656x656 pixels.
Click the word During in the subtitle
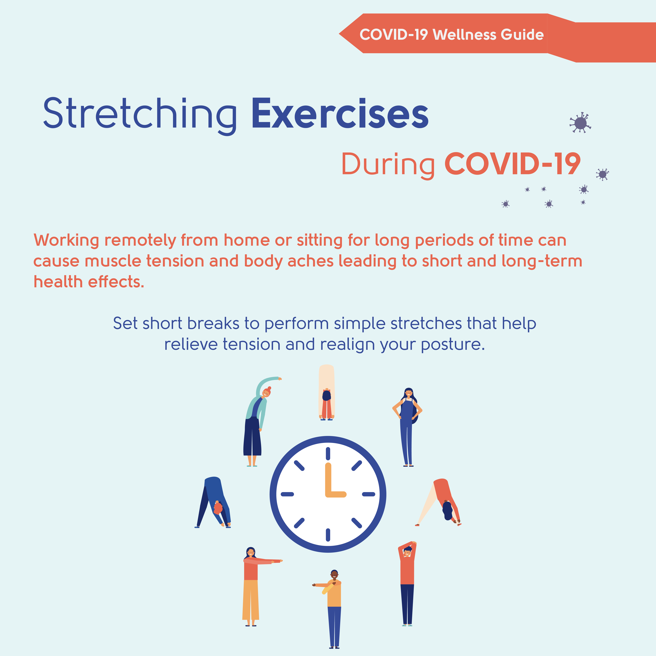388,165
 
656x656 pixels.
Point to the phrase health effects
89,282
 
